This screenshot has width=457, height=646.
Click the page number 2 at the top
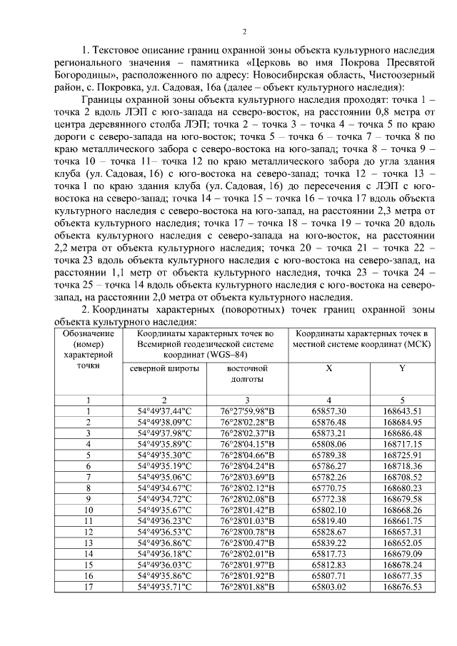pyautogui.click(x=244, y=31)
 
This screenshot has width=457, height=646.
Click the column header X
pyautogui.click(x=328, y=368)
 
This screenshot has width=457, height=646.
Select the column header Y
pyautogui.click(x=402, y=368)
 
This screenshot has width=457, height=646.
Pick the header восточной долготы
pyautogui.click(x=246, y=374)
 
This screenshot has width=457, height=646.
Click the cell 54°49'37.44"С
pyautogui.click(x=166, y=411)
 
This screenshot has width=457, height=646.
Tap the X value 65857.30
pyautogui.click(x=329, y=411)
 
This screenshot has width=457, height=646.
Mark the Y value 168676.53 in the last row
pyautogui.click(x=402, y=587)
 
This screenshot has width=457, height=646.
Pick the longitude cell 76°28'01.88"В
pyautogui.click(x=246, y=587)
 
